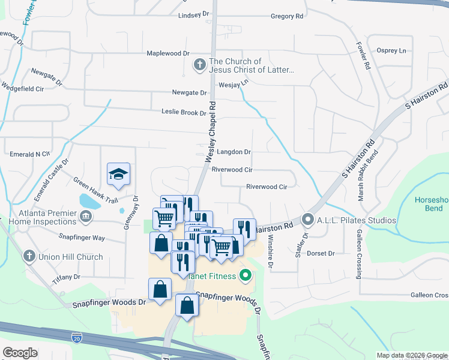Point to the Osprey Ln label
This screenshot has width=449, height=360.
[391, 50]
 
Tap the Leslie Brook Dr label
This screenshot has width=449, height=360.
[184, 112]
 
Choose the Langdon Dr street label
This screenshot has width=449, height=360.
[233, 152]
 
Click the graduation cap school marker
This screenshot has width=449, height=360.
[118, 175]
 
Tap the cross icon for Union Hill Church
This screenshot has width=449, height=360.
[28, 257]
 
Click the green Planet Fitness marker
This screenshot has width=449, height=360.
[245, 276]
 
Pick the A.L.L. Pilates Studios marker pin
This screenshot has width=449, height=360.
[308, 219]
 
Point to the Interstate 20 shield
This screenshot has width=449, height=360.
[76, 338]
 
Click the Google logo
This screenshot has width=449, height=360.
[20, 352]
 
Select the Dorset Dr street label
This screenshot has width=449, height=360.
[321, 254]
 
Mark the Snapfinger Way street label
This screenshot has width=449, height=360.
[82, 238]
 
